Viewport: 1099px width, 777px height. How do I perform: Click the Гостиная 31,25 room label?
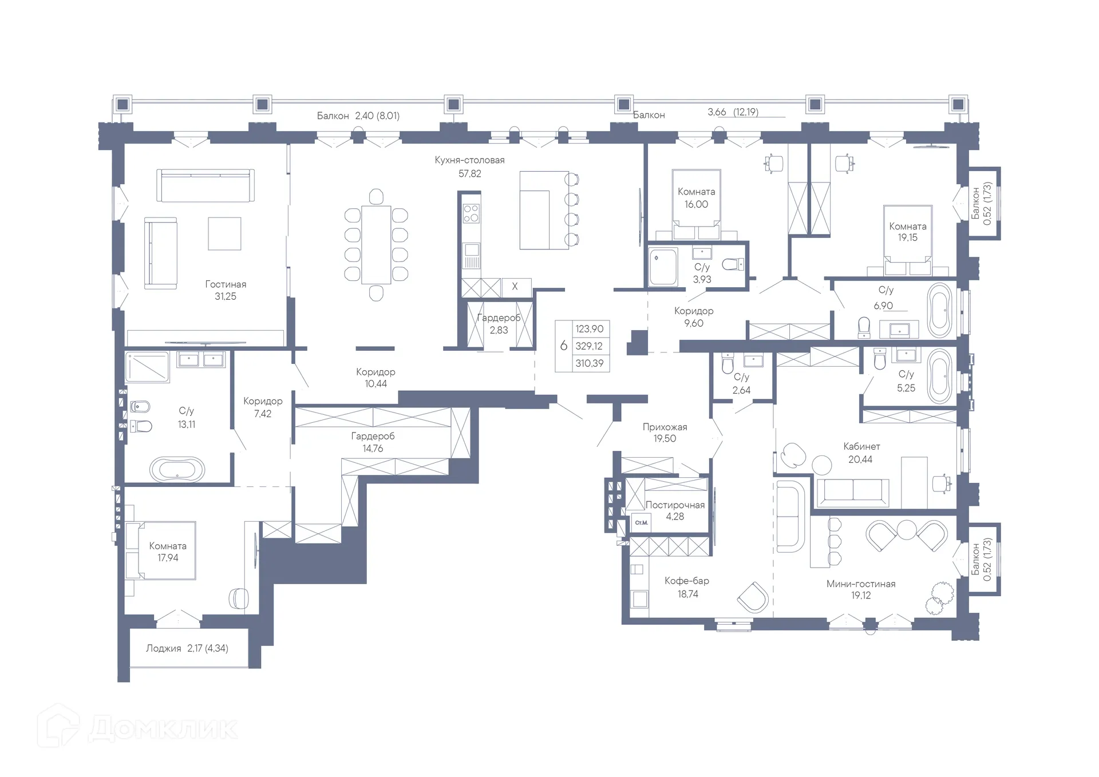point(226,290)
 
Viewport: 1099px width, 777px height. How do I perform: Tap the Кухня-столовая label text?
point(469,160)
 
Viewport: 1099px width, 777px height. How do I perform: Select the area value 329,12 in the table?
point(589,346)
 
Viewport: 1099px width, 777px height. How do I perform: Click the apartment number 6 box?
point(564,346)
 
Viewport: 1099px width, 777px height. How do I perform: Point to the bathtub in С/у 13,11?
point(177,470)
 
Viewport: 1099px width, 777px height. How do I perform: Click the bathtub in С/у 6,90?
point(939,309)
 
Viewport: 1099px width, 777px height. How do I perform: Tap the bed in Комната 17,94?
point(161,551)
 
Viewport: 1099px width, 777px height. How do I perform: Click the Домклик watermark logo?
point(137,727)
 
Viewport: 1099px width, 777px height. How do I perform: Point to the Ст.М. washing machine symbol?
point(641,522)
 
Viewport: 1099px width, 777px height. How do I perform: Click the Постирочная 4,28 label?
point(675,510)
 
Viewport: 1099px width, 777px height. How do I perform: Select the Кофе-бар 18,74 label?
point(687,587)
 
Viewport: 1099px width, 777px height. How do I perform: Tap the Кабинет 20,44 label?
point(861,453)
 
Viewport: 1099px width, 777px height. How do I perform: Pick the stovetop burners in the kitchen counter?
point(471,214)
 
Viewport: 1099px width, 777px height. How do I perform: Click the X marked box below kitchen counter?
point(515,287)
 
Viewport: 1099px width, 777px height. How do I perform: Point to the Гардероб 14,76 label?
point(373,442)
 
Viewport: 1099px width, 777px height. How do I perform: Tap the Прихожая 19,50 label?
point(665,433)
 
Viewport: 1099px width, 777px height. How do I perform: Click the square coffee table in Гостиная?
point(224,233)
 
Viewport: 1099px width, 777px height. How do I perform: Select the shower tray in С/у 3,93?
point(663,266)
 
